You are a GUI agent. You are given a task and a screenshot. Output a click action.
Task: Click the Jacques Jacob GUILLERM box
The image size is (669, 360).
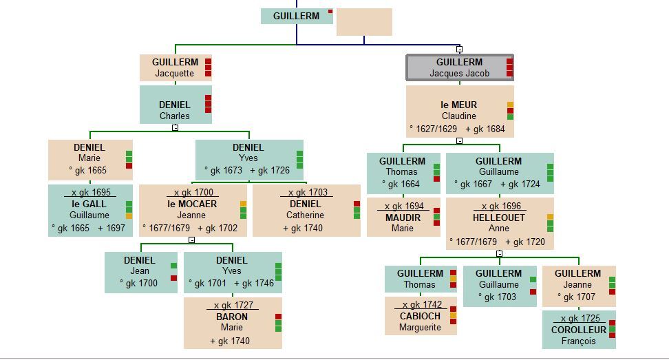pyautogui.click(x=459, y=67)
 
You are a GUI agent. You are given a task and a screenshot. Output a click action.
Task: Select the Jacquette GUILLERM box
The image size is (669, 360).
pyautogui.click(x=175, y=67)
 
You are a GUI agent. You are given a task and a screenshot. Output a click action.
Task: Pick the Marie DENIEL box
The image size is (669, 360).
pyautogui.click(x=89, y=160)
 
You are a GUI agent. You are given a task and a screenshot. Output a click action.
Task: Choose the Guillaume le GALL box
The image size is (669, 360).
pyautogui.click(x=89, y=211)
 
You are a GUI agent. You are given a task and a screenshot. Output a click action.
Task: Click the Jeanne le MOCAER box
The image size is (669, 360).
pyautogui.click(x=192, y=211)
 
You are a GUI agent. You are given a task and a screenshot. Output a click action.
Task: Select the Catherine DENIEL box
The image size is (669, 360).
pyautogui.click(x=306, y=211)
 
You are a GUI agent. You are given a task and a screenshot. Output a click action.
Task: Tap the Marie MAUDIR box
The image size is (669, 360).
pyautogui.click(x=403, y=218)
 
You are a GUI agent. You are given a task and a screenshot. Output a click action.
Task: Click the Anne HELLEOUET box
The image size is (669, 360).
pyautogui.click(x=499, y=224)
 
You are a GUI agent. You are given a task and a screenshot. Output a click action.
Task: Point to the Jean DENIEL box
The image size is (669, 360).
pyautogui.click(x=140, y=272)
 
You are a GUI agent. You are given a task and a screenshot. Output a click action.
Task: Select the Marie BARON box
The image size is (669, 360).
pyautogui.click(x=232, y=323)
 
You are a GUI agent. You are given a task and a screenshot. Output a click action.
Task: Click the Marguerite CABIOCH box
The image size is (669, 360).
pyautogui.click(x=420, y=317)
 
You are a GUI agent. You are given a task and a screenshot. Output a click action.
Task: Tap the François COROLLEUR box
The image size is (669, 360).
pyautogui.click(x=578, y=330)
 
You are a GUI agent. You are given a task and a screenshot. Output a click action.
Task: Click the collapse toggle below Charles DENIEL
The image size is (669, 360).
pyautogui.click(x=176, y=127)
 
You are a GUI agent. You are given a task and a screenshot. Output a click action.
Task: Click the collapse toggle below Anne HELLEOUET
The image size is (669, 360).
pyautogui.click(x=500, y=253)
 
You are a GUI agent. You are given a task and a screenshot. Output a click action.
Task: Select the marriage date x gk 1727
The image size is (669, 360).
pyautogui.click(x=233, y=305)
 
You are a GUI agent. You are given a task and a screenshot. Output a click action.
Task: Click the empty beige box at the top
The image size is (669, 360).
pyautogui.click(x=364, y=22)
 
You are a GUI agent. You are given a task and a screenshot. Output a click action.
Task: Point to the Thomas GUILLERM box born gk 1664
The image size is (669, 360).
pyautogui.click(x=403, y=173)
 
